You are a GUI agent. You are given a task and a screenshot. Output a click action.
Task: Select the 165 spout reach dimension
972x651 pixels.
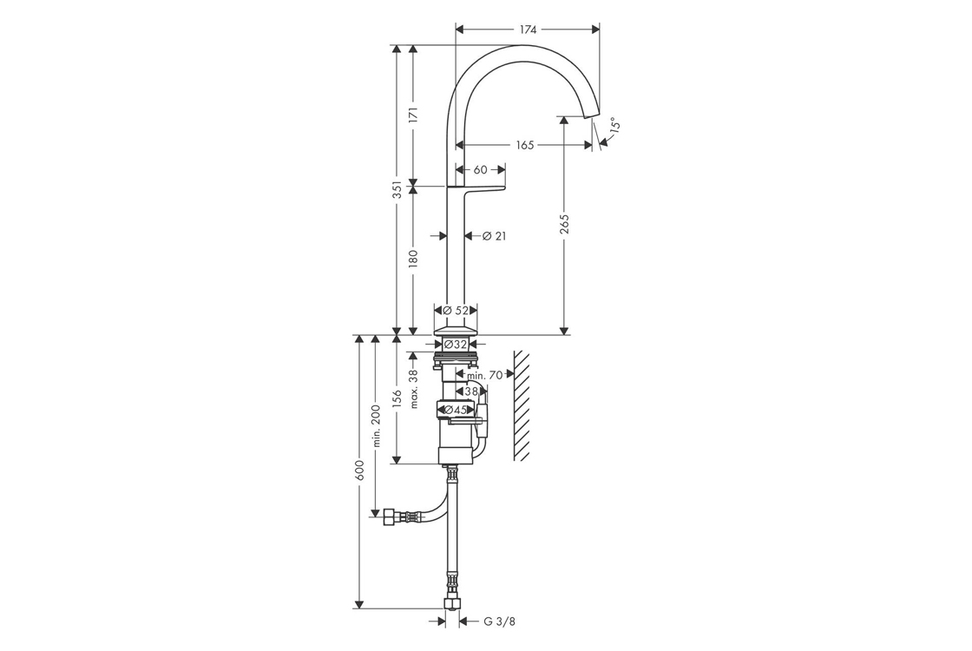[525, 145]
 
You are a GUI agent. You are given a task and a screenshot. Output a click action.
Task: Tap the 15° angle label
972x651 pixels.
[614, 125]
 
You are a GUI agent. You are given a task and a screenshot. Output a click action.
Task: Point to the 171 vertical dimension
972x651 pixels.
[413, 115]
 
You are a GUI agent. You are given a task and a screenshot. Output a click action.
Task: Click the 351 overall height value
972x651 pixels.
[397, 189]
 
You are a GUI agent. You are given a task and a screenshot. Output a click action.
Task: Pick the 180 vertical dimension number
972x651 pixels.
[413, 259]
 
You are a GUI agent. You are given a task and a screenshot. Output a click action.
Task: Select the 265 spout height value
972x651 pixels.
[563, 225]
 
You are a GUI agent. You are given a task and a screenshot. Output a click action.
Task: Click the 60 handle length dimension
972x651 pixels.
[481, 169]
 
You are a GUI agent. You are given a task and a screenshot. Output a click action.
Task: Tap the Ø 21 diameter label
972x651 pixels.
[494, 235]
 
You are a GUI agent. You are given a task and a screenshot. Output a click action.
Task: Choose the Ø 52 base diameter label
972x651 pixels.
[456, 311]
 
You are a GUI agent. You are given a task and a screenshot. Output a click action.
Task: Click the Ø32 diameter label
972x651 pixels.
[456, 344]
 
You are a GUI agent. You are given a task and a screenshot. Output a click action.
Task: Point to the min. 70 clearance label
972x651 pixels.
[485, 374]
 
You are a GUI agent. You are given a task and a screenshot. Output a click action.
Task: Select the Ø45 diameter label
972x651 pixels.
[456, 410]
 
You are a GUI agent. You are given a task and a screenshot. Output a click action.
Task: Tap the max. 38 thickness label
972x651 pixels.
[414, 389]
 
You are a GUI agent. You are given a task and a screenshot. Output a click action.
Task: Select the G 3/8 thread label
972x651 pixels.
[499, 621]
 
